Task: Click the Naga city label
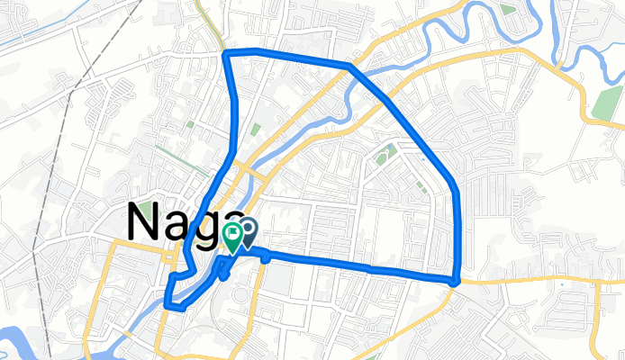click(180, 221)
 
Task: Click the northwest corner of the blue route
click(225, 55)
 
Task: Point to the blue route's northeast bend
click(349, 67)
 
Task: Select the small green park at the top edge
click(509, 10)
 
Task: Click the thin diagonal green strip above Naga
click(255, 130)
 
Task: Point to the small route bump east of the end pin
click(267, 256)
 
